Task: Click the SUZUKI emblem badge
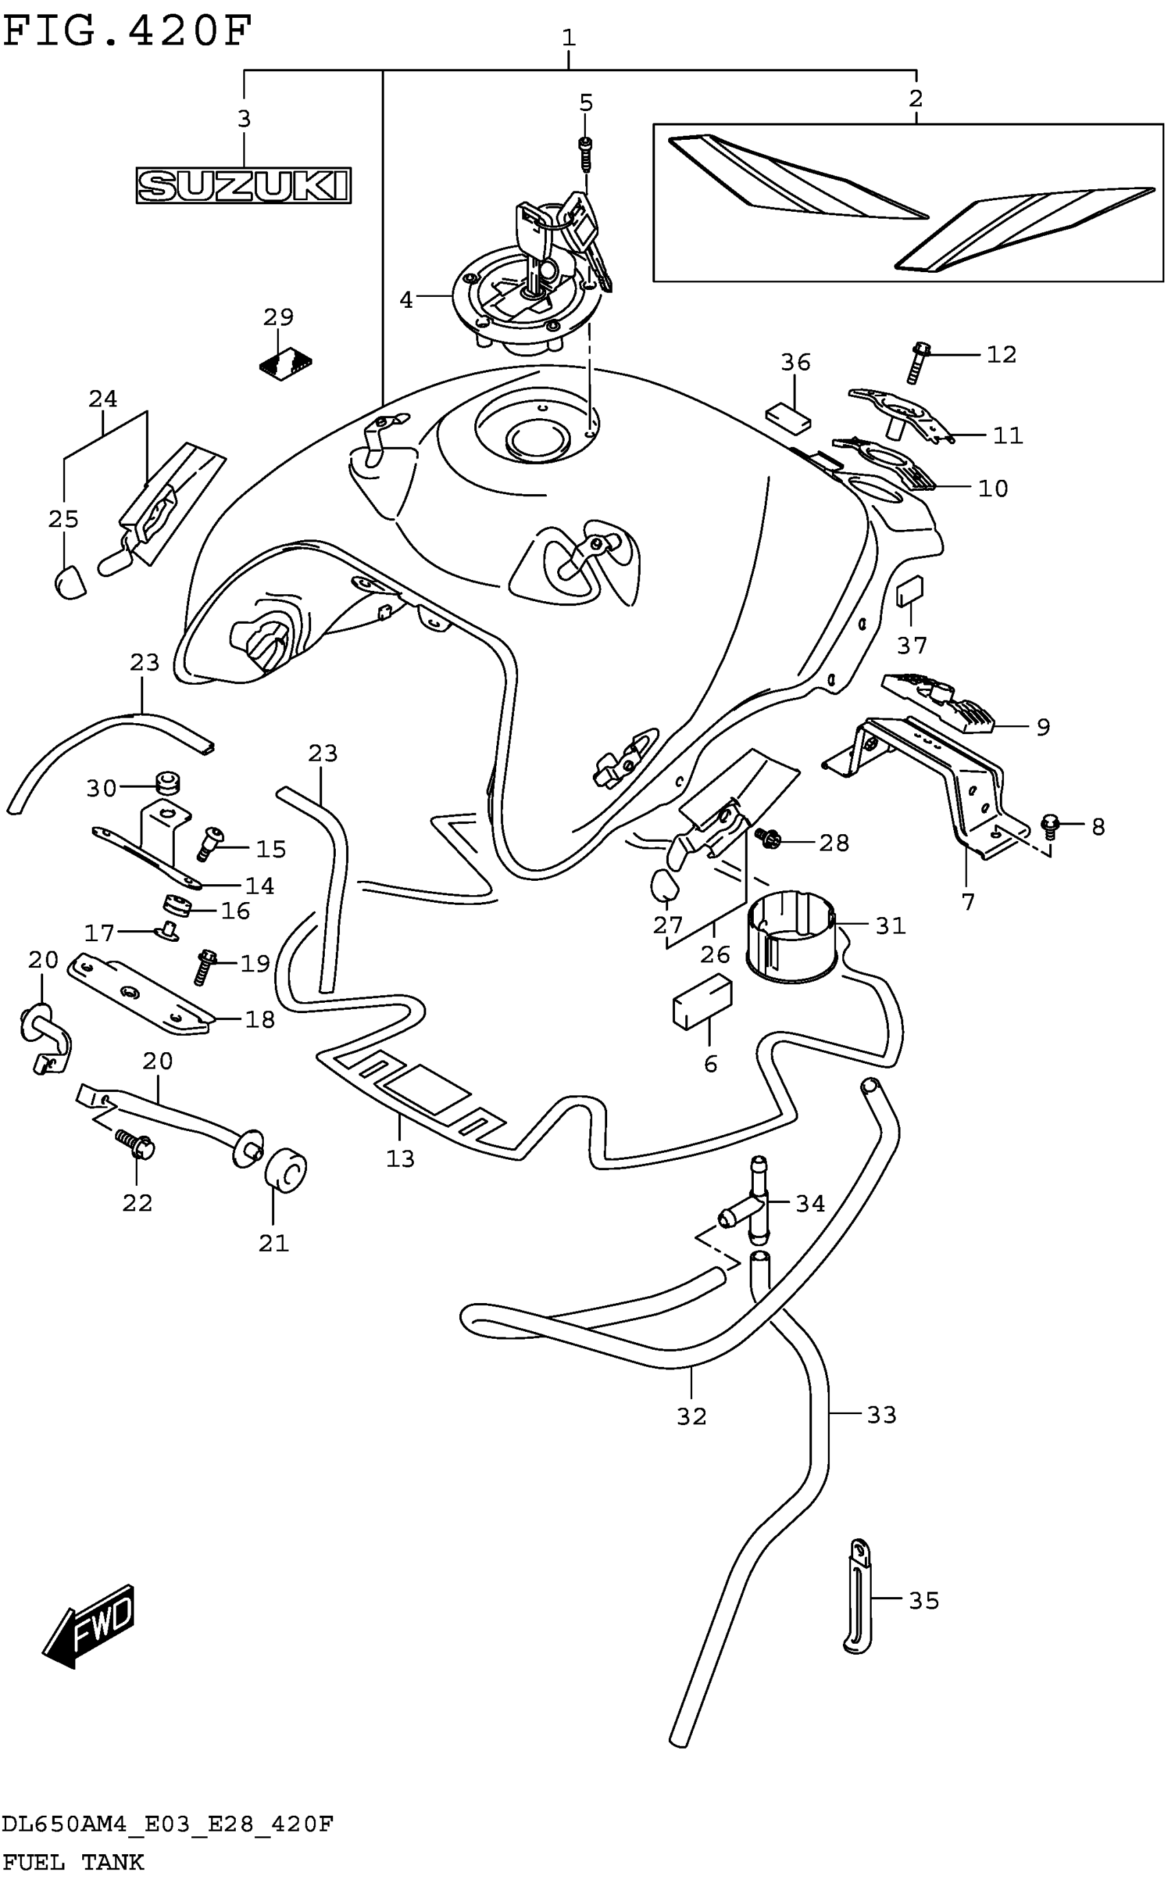(x=243, y=186)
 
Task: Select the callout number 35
(x=924, y=1601)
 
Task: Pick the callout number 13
(x=400, y=1158)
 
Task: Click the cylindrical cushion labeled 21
(x=286, y=1171)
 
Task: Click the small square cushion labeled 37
(x=910, y=591)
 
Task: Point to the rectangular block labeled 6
(x=702, y=1001)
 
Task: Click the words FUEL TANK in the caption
(x=73, y=1863)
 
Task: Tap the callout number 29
(x=278, y=317)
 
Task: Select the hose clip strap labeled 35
(x=859, y=1596)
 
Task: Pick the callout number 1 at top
(x=569, y=37)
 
